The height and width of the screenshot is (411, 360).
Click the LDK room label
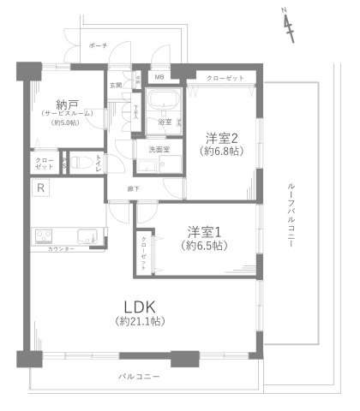[x=137, y=305]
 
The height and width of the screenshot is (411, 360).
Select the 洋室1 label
[x=205, y=230]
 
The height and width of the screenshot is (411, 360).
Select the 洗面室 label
[x=159, y=150]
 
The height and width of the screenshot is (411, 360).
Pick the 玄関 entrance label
[x=115, y=85]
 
